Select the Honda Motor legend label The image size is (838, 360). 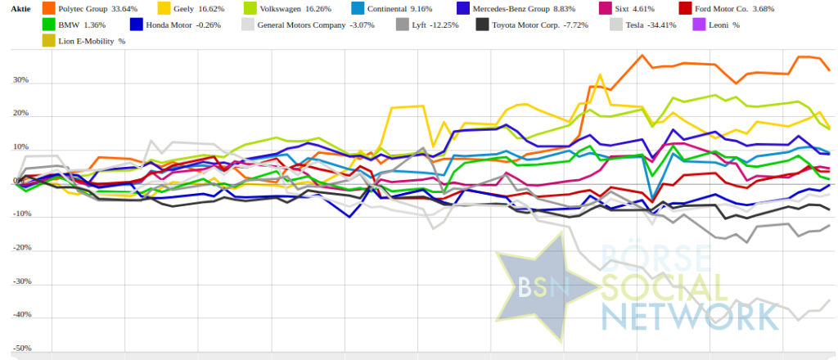point(182,25)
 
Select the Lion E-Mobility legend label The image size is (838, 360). point(91,41)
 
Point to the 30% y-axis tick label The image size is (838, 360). point(20,81)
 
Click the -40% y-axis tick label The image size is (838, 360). point(20,315)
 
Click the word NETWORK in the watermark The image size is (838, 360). point(688,315)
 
